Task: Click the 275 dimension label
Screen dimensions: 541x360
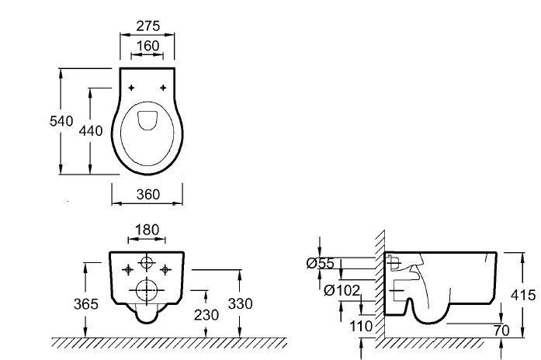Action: pyautogui.click(x=148, y=26)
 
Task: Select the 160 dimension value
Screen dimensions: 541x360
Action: pyautogui.click(x=148, y=46)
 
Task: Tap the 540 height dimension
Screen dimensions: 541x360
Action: pyautogui.click(x=61, y=121)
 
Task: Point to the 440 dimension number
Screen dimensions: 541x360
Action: pyautogui.click(x=91, y=130)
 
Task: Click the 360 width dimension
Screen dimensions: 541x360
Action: pyautogui.click(x=148, y=195)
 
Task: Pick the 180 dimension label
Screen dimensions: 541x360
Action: pyautogui.click(x=147, y=230)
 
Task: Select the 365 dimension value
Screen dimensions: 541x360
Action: pyautogui.click(x=86, y=304)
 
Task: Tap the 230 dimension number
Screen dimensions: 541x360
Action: pyautogui.click(x=206, y=315)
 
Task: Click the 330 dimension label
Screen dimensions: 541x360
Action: pyautogui.click(x=240, y=304)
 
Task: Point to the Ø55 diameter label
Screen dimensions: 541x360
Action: pyautogui.click(x=321, y=264)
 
